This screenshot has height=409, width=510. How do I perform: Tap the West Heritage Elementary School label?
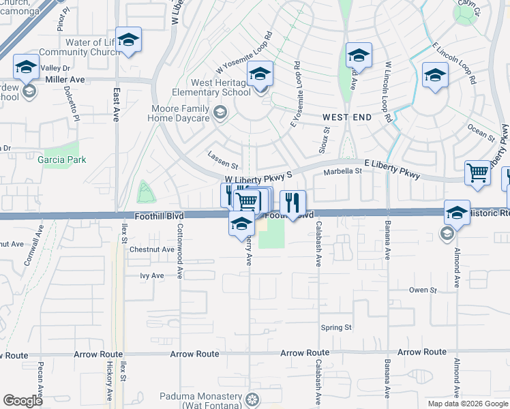pyautogui.click(x=212, y=88)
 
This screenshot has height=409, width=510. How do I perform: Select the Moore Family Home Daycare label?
pyautogui.click(x=179, y=113)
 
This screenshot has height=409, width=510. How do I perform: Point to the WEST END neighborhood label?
pyautogui.click(x=347, y=117)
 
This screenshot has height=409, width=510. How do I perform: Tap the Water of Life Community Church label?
pyautogui.click(x=80, y=47)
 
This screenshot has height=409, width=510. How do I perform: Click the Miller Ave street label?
pyautogui.click(x=65, y=80)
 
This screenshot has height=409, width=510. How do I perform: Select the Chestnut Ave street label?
pyautogui.click(x=152, y=249)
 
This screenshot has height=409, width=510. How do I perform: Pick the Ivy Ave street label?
pyautogui.click(x=152, y=275)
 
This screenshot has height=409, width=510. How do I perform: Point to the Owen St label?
pyautogui.click(x=423, y=290)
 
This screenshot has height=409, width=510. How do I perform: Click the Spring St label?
pyautogui.click(x=336, y=327)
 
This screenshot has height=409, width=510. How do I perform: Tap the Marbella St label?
pyautogui.click(x=342, y=172)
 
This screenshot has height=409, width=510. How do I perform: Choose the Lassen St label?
pyautogui.click(x=223, y=166)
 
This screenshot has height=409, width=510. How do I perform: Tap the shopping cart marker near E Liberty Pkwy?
pyautogui.click(x=478, y=172)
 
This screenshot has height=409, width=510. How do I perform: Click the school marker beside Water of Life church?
pyautogui.click(x=128, y=39)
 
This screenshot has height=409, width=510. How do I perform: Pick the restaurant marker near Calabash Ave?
pyautogui.click(x=292, y=202)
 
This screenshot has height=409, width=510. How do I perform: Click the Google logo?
pyautogui.click(x=23, y=401)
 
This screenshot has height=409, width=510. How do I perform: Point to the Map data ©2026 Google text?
pyautogui.click(x=467, y=404)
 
